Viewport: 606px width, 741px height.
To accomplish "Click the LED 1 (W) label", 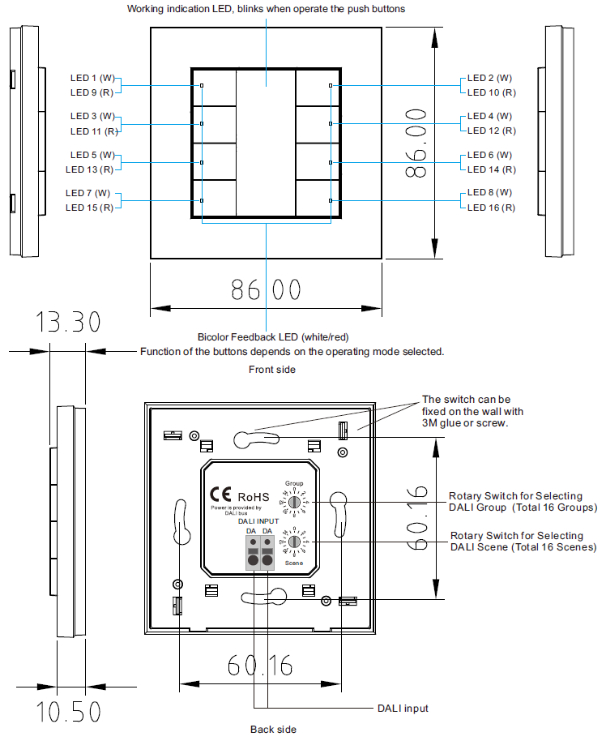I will tap(94, 78).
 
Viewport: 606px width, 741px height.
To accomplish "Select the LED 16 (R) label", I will tap(491, 208).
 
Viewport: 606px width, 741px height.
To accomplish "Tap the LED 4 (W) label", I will tap(490, 116).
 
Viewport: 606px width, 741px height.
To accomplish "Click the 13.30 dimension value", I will tap(68, 322).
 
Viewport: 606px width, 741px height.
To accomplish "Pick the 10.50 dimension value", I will tap(69, 712).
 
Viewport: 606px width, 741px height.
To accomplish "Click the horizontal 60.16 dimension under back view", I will tap(261, 666).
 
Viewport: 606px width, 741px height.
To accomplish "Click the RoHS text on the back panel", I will tap(252, 496).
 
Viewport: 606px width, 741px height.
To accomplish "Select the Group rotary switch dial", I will tap(295, 503).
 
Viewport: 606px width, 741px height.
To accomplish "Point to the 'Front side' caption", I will tap(272, 369).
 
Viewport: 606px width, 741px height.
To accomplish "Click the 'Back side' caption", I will tap(273, 729).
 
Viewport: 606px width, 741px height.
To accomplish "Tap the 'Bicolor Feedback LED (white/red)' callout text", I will tap(274, 336).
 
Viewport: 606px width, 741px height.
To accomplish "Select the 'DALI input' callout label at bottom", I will tap(403, 709).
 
